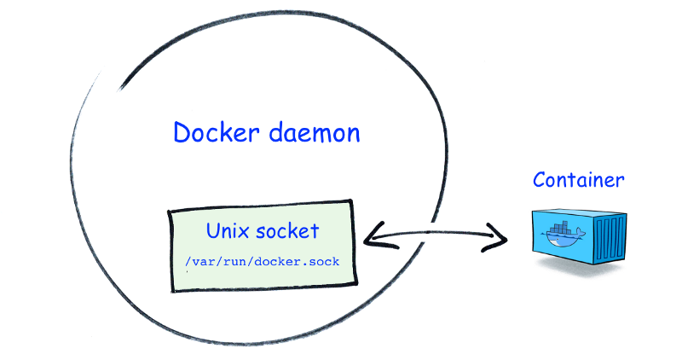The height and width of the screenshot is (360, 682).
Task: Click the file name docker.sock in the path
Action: tap(303, 261)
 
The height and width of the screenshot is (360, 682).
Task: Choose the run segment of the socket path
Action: tap(237, 261)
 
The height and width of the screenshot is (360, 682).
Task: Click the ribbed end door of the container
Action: tap(611, 241)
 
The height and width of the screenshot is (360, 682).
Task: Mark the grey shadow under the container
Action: tap(580, 269)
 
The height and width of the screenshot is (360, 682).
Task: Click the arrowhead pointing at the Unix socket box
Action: tap(373, 234)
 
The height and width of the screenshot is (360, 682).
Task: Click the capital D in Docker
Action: tap(182, 133)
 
